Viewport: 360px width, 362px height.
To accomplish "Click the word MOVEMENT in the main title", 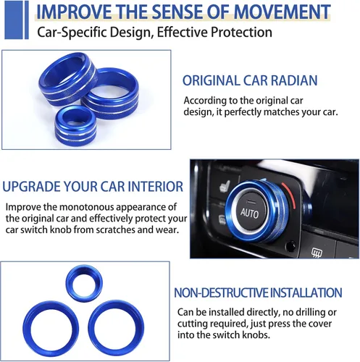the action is coord(282,12).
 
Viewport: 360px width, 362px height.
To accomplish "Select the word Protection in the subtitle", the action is coord(241,32).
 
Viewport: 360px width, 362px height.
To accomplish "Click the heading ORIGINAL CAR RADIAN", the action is coord(250,80).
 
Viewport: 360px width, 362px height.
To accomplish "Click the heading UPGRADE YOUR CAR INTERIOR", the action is coord(93,186).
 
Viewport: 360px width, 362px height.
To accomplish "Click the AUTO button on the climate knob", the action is coord(250,212).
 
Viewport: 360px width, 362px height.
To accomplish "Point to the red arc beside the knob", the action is coord(290,194).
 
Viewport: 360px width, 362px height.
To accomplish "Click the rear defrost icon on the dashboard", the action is coord(317,253).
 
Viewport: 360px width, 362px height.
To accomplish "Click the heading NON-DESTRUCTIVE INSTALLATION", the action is coord(258,292).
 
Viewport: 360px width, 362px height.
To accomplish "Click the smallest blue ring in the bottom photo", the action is coord(84,283).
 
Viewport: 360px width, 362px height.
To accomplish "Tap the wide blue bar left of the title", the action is coord(14,20).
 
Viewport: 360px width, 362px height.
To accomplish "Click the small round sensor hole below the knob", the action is coord(290,246).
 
